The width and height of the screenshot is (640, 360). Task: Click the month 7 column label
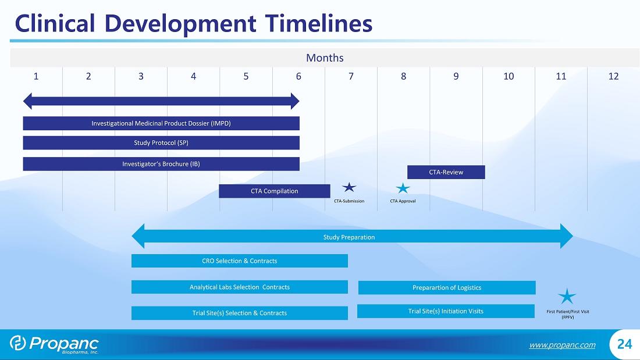point(351,76)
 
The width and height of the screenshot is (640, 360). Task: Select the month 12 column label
point(613,76)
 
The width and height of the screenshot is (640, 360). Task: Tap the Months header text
point(325,58)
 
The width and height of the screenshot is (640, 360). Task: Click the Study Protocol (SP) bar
point(161,143)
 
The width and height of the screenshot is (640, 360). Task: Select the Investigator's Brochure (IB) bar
point(161,164)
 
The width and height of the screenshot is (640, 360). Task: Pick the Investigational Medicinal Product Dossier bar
point(161,123)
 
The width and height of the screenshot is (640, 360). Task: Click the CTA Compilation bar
point(274,191)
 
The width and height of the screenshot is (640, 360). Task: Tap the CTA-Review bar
point(446,172)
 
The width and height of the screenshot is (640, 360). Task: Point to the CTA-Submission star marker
point(349,187)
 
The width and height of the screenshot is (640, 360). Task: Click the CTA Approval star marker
point(403,188)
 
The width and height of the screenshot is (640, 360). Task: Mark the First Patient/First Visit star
point(567,297)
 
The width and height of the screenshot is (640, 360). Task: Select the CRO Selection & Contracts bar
point(240,261)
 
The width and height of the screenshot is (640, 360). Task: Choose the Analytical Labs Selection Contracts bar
point(240,287)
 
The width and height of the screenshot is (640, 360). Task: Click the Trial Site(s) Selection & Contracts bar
point(240,313)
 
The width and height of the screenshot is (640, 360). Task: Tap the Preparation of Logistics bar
point(447,287)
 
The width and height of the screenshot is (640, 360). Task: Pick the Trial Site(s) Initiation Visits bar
point(446,311)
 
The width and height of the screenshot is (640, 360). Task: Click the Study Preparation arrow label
point(349,237)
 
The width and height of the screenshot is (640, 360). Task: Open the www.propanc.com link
point(563,345)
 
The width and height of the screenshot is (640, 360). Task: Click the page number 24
point(624,344)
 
